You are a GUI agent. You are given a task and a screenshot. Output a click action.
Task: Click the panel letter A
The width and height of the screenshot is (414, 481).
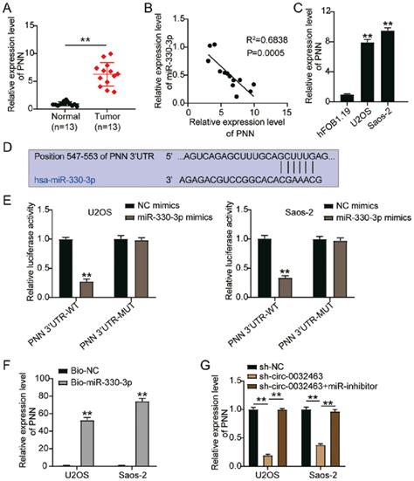(x=7, y=9)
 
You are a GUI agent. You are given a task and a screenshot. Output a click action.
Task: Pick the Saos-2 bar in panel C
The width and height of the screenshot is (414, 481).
(x=386, y=66)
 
